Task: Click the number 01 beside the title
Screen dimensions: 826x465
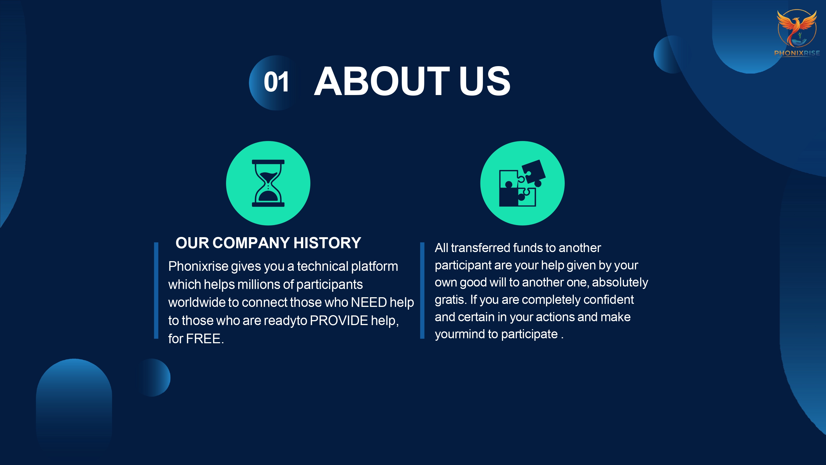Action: (x=276, y=82)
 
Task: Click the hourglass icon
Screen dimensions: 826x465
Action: (x=268, y=183)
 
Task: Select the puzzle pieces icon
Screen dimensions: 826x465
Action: (x=522, y=183)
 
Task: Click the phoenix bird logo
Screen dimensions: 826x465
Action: (x=797, y=28)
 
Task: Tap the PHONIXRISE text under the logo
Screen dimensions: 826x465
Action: (x=797, y=53)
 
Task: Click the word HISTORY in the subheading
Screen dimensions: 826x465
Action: (x=327, y=243)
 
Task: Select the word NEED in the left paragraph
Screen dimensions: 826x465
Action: (x=369, y=302)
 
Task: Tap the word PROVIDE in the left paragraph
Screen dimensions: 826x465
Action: (x=339, y=321)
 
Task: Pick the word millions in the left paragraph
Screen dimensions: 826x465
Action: (x=259, y=285)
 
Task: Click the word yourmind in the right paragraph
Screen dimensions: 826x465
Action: (x=460, y=334)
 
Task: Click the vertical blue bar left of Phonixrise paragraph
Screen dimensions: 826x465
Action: (x=156, y=290)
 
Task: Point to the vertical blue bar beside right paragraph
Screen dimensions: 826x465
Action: (x=422, y=290)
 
